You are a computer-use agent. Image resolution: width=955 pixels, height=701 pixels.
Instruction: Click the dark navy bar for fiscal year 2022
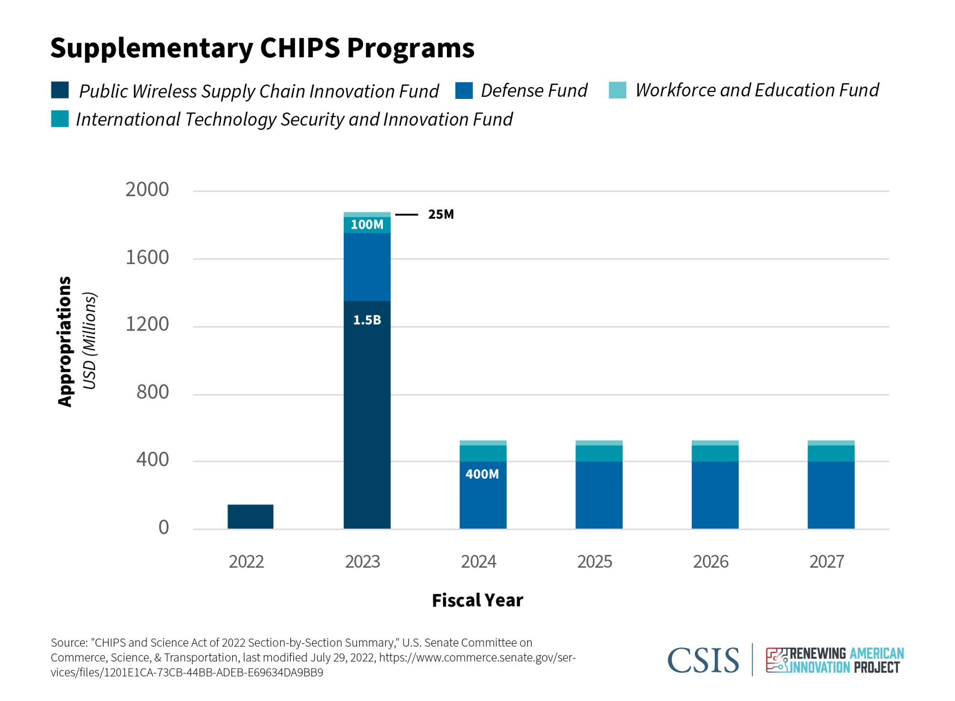click(250, 516)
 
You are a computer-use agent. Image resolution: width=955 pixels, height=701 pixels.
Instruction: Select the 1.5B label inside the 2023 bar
click(367, 320)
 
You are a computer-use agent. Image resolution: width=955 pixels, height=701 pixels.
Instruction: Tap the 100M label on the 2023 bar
click(367, 224)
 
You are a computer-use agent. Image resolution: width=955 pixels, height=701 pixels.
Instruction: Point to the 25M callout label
click(441, 214)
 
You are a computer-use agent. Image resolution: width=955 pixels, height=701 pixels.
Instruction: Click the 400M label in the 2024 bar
click(482, 474)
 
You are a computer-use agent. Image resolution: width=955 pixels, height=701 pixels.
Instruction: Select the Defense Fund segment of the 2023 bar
click(367, 267)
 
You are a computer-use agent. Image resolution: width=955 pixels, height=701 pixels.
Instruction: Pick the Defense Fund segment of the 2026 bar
click(715, 495)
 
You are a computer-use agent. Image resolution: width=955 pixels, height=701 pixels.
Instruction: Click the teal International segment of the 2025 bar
click(599, 453)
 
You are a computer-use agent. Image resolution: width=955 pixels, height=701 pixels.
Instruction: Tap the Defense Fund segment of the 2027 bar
click(831, 495)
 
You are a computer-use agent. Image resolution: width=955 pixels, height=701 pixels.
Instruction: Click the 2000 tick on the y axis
click(147, 190)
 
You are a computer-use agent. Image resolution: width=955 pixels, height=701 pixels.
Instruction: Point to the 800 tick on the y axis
click(152, 392)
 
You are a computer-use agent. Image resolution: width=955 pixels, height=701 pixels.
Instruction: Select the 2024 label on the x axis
click(478, 562)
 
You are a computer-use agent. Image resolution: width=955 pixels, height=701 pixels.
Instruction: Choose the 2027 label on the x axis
click(827, 562)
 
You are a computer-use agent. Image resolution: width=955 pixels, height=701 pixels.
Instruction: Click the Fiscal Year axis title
click(477, 600)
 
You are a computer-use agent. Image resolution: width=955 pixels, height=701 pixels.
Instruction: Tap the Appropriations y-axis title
click(64, 341)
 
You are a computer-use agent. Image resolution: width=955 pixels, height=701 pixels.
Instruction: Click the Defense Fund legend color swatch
click(464, 90)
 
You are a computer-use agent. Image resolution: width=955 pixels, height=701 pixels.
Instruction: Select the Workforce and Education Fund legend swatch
click(617, 90)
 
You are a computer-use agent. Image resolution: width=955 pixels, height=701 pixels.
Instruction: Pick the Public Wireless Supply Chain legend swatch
click(60, 90)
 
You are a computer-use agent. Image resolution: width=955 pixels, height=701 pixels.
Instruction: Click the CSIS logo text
click(703, 661)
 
